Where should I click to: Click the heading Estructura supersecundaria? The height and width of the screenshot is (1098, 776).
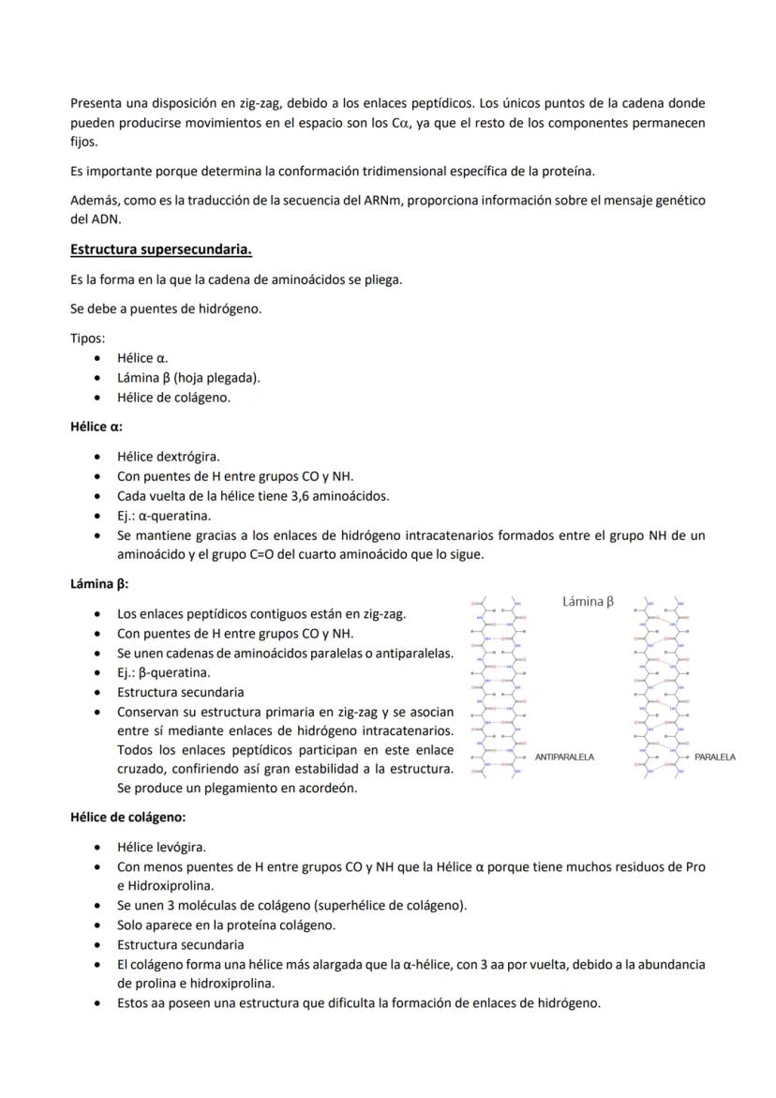tap(161, 249)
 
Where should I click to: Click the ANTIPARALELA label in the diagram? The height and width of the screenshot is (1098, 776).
tap(564, 757)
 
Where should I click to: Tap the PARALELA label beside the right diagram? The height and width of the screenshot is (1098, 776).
tap(715, 757)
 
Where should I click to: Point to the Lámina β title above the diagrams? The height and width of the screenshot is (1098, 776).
tap(588, 601)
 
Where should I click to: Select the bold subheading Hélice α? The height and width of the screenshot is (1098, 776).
tap(97, 426)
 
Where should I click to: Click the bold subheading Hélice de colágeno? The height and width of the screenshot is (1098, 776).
tap(128, 817)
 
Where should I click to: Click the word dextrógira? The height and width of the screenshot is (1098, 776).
tap(188, 457)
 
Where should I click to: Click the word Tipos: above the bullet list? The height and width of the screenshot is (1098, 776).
tap(88, 338)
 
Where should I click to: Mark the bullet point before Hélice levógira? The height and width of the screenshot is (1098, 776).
tap(100, 848)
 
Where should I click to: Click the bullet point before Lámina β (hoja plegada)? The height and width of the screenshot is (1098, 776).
tap(100, 377)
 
